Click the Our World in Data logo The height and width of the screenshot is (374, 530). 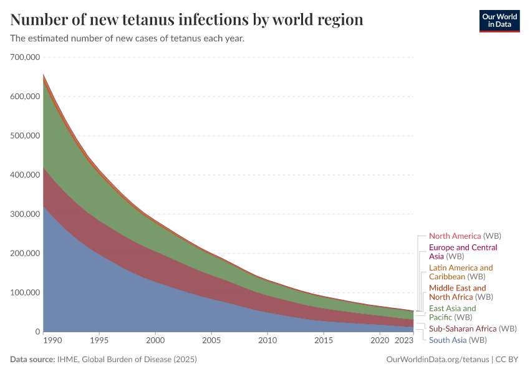point(499,21)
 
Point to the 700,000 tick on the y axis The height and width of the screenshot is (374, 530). point(26,57)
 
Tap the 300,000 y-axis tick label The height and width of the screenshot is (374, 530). point(26,214)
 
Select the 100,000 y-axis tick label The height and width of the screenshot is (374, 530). point(26,293)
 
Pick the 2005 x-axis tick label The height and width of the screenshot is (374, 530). point(211,340)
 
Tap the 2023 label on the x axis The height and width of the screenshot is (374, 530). point(404,340)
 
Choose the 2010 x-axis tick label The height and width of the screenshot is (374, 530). point(267,340)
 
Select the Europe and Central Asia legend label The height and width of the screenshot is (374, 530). point(463,252)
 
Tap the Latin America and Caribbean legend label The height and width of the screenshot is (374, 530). point(460,272)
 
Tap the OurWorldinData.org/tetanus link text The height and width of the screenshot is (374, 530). point(436,360)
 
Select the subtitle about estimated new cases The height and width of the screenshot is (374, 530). point(127,39)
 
